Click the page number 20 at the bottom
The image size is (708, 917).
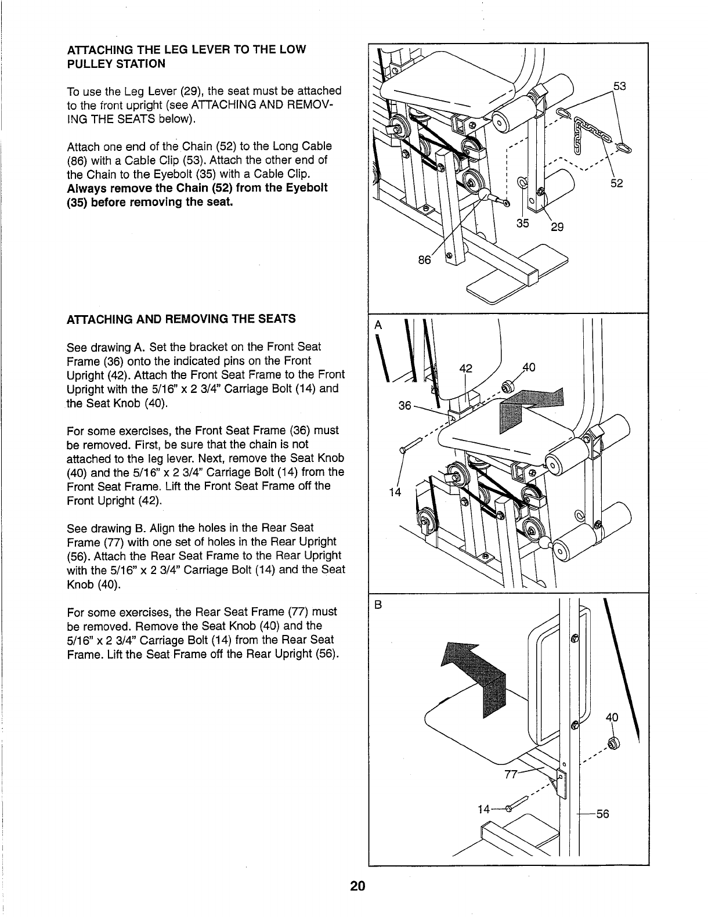click(x=357, y=886)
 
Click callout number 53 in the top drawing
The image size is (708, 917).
click(x=620, y=87)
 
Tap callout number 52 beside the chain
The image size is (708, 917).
click(x=616, y=183)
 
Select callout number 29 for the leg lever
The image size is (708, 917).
click(x=557, y=227)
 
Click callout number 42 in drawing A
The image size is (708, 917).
click(x=466, y=368)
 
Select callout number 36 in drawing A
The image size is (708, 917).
click(x=405, y=406)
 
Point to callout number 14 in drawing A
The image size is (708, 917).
click(x=395, y=493)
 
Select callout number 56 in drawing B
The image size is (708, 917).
click(x=602, y=814)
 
